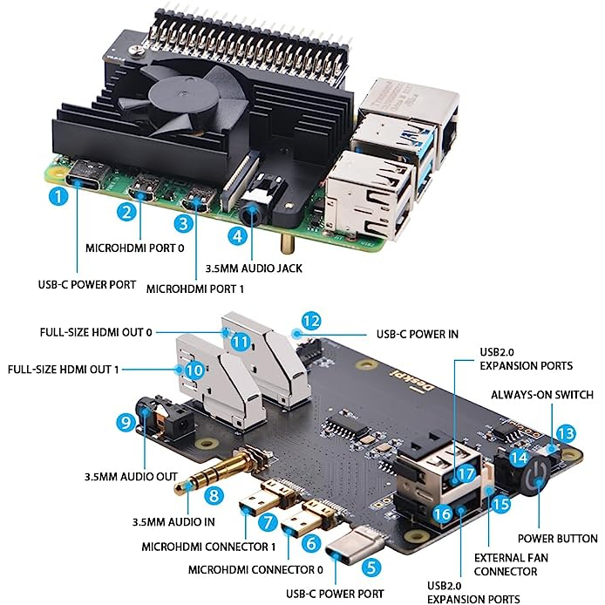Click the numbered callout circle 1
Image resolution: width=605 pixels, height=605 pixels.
[x=58, y=196]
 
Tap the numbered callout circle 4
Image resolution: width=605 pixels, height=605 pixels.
[x=235, y=235]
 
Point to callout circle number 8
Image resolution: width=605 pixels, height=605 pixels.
[x=210, y=496]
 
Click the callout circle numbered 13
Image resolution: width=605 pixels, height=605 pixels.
[x=566, y=432]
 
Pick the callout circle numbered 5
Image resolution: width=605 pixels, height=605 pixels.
[x=372, y=568]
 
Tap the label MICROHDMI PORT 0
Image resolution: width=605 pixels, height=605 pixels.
[x=136, y=248]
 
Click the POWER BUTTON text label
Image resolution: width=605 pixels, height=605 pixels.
[x=558, y=538]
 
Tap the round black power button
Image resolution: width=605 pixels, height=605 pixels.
[x=534, y=474]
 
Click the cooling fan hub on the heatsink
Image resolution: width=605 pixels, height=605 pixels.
[x=179, y=92]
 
